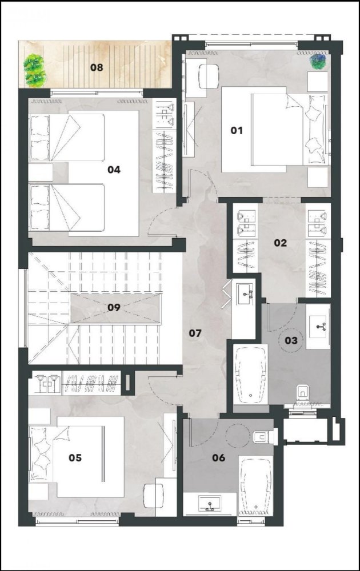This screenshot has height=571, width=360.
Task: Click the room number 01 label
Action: click(x=237, y=131)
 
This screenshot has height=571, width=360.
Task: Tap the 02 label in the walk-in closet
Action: click(x=280, y=243)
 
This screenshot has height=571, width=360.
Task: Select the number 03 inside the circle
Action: click(x=291, y=341)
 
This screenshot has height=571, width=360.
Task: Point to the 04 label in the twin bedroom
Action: click(x=114, y=170)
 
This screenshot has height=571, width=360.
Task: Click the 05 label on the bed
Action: click(x=75, y=457)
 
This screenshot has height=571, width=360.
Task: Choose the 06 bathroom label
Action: click(x=219, y=457)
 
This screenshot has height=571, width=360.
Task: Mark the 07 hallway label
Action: click(x=195, y=332)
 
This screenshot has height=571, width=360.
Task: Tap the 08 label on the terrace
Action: click(x=96, y=67)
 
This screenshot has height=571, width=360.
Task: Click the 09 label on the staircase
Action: click(x=114, y=307)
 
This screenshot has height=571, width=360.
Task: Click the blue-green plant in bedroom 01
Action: click(x=317, y=60)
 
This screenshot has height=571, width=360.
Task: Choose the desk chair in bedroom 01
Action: click(x=208, y=74)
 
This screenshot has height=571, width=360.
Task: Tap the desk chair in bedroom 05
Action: click(x=154, y=494)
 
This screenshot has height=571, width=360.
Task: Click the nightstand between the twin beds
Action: click(x=41, y=172)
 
